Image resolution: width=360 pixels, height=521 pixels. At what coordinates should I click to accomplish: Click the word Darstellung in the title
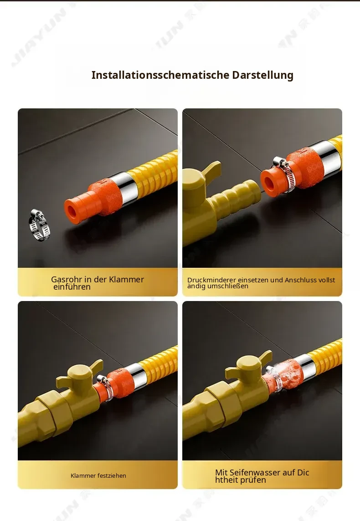pos(262,75)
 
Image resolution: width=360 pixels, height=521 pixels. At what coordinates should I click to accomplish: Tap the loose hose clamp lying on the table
pos(39,225)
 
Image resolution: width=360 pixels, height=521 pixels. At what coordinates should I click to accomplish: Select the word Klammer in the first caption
pos(126,280)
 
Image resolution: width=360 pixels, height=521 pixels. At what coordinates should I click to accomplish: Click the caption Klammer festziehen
pos(98,475)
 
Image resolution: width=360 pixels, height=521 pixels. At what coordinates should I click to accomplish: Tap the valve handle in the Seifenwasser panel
pos(249,365)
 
